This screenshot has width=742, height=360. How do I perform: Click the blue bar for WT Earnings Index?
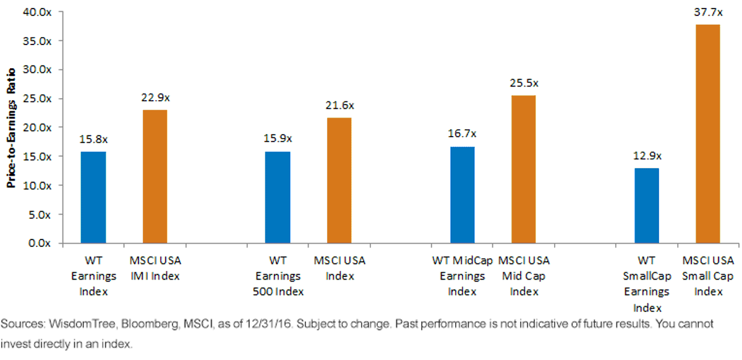tap(93, 197)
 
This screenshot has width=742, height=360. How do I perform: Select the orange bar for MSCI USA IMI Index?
tap(155, 177)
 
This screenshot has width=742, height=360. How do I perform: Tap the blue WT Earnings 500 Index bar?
tap(278, 197)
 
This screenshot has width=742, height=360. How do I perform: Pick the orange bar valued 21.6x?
tap(339, 181)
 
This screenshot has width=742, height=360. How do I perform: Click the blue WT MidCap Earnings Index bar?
tap(463, 195)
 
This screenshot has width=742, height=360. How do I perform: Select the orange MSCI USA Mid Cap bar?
tap(524, 169)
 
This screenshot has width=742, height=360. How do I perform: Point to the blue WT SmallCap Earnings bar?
tap(647, 206)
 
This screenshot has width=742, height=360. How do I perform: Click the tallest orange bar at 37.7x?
tap(708, 134)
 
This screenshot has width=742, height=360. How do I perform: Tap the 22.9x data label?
tap(156, 98)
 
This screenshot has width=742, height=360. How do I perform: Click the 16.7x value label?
tap(462, 134)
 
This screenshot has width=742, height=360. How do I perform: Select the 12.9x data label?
tap(647, 156)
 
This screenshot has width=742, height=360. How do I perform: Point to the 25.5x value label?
tap(524, 83)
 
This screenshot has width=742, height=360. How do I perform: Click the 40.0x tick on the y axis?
tap(37, 12)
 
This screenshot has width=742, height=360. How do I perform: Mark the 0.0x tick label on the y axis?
tap(40, 243)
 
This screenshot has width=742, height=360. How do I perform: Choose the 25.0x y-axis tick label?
tap(37, 99)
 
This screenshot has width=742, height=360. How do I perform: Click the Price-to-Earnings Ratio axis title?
tap(11, 128)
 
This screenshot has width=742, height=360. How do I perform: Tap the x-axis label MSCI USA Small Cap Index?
tap(708, 276)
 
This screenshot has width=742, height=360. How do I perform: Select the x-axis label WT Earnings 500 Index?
tap(278, 276)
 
